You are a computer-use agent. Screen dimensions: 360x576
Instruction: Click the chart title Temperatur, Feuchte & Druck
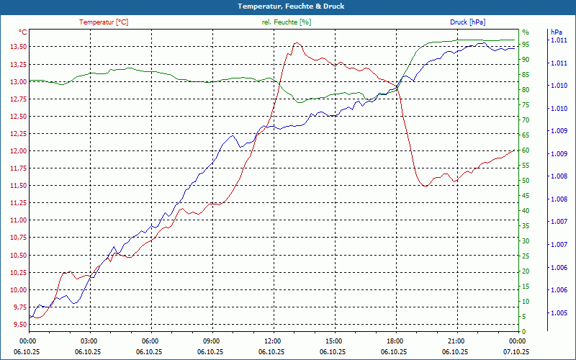pos(287,6)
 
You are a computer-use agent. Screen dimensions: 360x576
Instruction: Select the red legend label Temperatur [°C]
pos(104,22)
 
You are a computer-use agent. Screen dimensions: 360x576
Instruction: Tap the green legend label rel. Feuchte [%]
pos(287,22)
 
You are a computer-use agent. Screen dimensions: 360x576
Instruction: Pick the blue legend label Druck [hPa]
pos(467,22)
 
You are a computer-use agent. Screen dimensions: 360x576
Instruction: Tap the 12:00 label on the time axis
pos(273,341)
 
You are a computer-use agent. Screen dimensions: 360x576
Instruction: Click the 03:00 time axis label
pos(89,341)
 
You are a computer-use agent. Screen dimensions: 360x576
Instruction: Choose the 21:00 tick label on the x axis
pos(456,341)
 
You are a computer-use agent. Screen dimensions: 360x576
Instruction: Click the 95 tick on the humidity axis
pos(526,45)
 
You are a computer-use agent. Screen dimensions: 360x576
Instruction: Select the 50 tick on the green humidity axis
pos(526,181)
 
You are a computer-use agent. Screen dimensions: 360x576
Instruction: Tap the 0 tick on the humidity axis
pos(523,331)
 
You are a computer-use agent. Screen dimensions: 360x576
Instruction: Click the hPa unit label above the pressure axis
pos(557,32)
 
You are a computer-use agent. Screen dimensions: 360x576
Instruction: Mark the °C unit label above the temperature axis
pos(23,32)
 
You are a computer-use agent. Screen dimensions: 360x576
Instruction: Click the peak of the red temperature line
pos(296,43)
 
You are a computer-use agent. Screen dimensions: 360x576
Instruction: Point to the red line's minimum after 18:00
pos(426,186)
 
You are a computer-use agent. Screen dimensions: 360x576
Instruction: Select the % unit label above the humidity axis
pos(525,32)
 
